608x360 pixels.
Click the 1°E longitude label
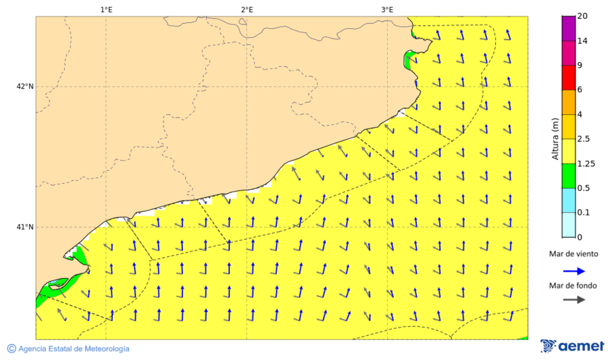click(x=106, y=9)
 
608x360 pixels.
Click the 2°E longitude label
click(x=247, y=9)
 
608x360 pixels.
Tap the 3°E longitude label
click(x=387, y=9)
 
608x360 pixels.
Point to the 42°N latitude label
click(x=25, y=86)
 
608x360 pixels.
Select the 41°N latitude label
click(x=25, y=227)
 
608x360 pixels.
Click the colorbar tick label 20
click(x=582, y=16)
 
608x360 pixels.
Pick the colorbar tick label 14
click(x=582, y=41)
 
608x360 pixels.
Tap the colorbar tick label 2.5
click(x=584, y=138)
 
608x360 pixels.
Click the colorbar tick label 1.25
click(x=586, y=163)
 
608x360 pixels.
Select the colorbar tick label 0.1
click(x=584, y=212)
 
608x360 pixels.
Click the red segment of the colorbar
click(x=568, y=78)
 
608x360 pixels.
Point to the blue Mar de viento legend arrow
click(x=574, y=269)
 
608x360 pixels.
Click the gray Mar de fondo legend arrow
click(x=574, y=299)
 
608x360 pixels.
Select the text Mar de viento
click(x=573, y=254)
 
